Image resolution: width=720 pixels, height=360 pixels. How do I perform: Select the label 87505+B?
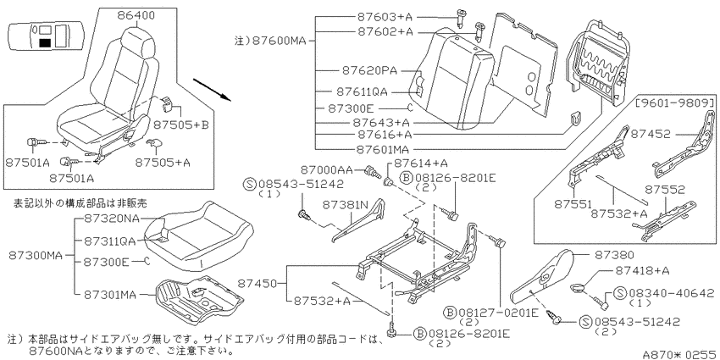click(x=181, y=124)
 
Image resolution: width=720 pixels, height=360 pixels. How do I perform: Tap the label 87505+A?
click(x=163, y=162)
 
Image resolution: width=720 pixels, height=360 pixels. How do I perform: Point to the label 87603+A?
click(x=385, y=17)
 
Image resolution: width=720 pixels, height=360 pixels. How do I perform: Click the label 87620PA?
click(x=369, y=70)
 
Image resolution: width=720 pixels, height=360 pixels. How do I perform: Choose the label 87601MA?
click(x=383, y=149)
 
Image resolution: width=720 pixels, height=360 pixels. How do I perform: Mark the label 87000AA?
click(x=326, y=170)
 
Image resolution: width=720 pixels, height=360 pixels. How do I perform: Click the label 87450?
click(x=258, y=285)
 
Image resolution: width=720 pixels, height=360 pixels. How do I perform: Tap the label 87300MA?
click(x=36, y=255)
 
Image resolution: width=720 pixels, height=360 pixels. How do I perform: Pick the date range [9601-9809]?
click(x=675, y=102)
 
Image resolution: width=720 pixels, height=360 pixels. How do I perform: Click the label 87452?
click(x=650, y=134)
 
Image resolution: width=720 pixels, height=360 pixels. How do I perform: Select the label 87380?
click(x=615, y=254)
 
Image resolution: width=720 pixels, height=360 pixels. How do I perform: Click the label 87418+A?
click(x=641, y=270)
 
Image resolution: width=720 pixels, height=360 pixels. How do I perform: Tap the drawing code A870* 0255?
click(x=680, y=354)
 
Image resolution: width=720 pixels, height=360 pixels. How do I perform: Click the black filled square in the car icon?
click(x=45, y=43)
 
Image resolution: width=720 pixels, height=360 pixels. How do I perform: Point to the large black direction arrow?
click(x=211, y=89)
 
